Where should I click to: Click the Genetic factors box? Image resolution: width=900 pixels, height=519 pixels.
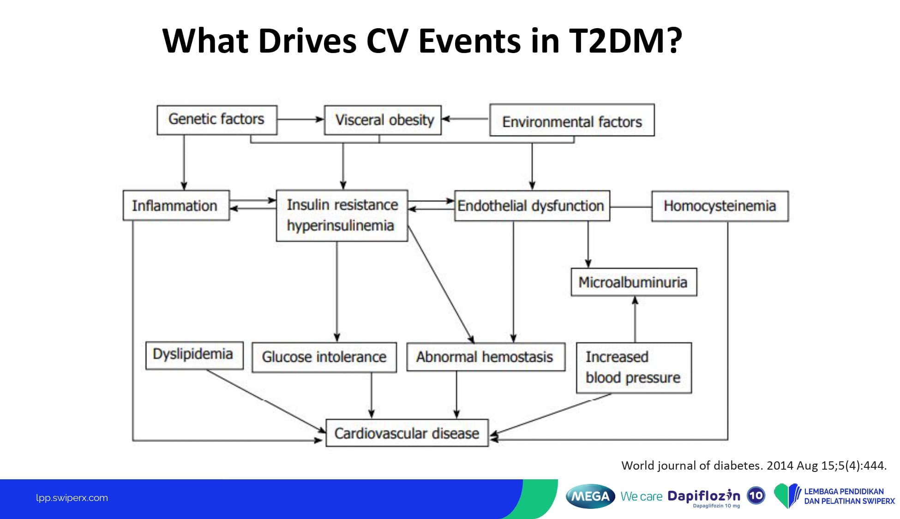[217, 120]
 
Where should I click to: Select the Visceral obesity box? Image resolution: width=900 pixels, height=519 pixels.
[383, 120]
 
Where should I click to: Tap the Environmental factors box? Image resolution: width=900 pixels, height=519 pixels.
[572, 120]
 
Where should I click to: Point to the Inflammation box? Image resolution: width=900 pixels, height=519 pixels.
[176, 205]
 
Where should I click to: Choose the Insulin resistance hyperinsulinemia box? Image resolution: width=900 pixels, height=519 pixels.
[342, 215]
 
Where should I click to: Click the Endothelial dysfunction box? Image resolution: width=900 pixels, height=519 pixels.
[532, 206]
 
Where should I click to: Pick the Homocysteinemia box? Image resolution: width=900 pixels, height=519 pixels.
[720, 206]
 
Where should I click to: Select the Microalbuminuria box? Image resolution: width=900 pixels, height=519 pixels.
[634, 282]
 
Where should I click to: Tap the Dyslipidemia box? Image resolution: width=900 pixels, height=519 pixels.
[194, 355]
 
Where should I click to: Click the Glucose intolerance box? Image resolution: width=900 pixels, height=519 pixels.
[324, 357]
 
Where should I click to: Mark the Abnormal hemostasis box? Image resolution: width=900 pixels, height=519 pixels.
[486, 357]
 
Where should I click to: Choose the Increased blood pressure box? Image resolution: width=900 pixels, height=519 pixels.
[634, 368]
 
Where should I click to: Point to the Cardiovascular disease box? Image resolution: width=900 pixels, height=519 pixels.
[407, 433]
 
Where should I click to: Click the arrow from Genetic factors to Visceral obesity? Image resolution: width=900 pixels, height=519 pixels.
[301, 119]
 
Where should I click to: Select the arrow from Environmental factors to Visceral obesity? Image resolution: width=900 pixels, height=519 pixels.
[465, 119]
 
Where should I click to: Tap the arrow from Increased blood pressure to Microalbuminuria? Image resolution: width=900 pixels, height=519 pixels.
[635, 319]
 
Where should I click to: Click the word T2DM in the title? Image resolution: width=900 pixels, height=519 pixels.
[625, 41]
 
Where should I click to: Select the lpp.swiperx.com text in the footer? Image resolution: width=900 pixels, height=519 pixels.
[72, 498]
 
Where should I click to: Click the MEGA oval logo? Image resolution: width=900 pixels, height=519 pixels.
[590, 496]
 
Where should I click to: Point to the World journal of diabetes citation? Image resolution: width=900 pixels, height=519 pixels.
[754, 465]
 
